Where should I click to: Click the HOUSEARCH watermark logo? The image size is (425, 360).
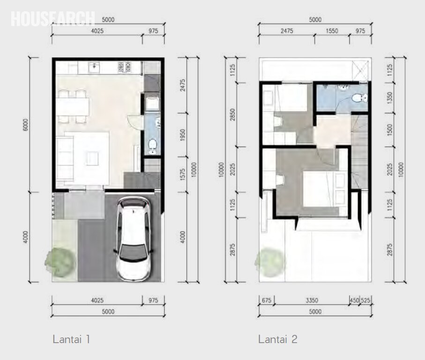(x=52, y=18)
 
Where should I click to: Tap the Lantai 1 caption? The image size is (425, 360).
(x=71, y=339)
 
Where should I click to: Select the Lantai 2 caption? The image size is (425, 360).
(x=277, y=339)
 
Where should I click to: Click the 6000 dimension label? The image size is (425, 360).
(x=26, y=125)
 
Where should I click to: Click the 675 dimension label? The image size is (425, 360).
(x=266, y=300)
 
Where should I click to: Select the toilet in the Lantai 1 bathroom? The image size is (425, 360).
(x=152, y=146)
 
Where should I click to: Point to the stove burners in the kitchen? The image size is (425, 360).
(x=124, y=67)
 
